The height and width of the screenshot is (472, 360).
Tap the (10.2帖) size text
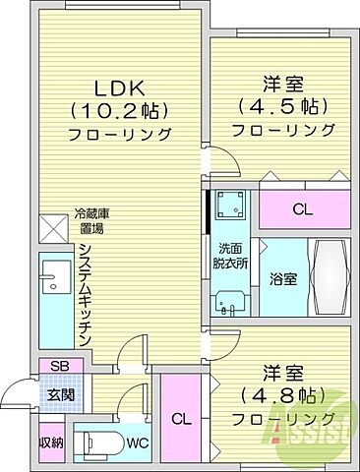pyautogui.click(x=116, y=110)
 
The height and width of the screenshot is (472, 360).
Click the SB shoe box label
pyautogui.click(x=60, y=367)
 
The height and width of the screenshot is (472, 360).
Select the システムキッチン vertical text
pyautogui.click(x=86, y=293)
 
